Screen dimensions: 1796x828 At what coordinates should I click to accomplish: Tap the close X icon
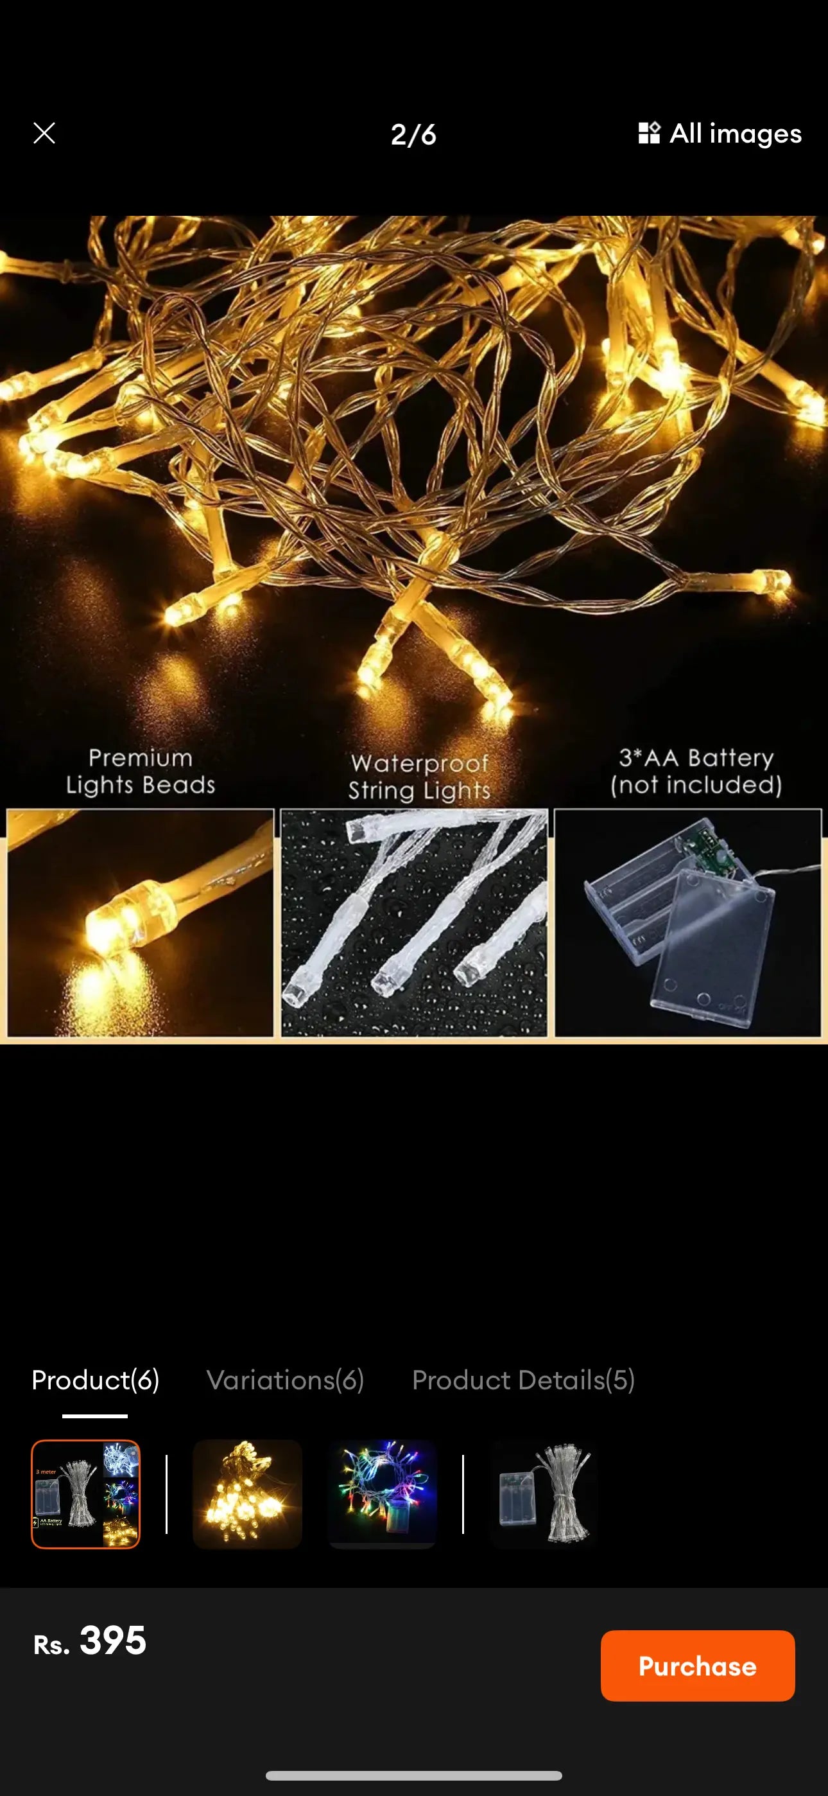coord(44,133)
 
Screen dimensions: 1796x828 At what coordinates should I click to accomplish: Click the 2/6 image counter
coord(413,134)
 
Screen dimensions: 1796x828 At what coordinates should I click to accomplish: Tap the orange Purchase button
coord(697,1665)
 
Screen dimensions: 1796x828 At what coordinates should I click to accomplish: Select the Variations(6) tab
coord(285,1380)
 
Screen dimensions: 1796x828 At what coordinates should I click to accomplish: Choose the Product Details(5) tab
coord(522,1380)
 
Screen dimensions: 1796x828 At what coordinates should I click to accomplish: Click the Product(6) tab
coord(96,1380)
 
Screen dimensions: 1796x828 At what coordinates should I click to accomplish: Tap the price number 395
coord(113,1640)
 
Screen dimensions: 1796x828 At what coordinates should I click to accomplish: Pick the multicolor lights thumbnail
coord(382,1493)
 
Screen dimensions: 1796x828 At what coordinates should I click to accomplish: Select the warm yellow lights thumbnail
coord(246,1493)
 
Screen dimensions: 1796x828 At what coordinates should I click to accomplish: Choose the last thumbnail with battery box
coord(544,1493)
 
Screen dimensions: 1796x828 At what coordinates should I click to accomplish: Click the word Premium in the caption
coord(140,758)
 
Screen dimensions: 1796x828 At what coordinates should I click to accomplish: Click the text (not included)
coord(696,785)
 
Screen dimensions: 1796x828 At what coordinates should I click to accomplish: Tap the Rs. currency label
coord(51,1644)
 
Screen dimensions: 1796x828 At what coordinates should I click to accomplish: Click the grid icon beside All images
coord(649,132)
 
